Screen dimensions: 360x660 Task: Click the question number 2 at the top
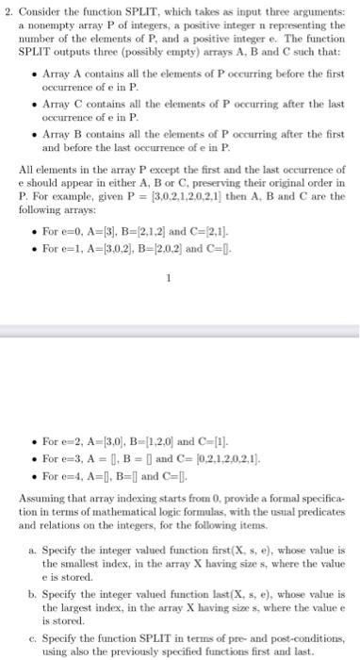tap(8, 9)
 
